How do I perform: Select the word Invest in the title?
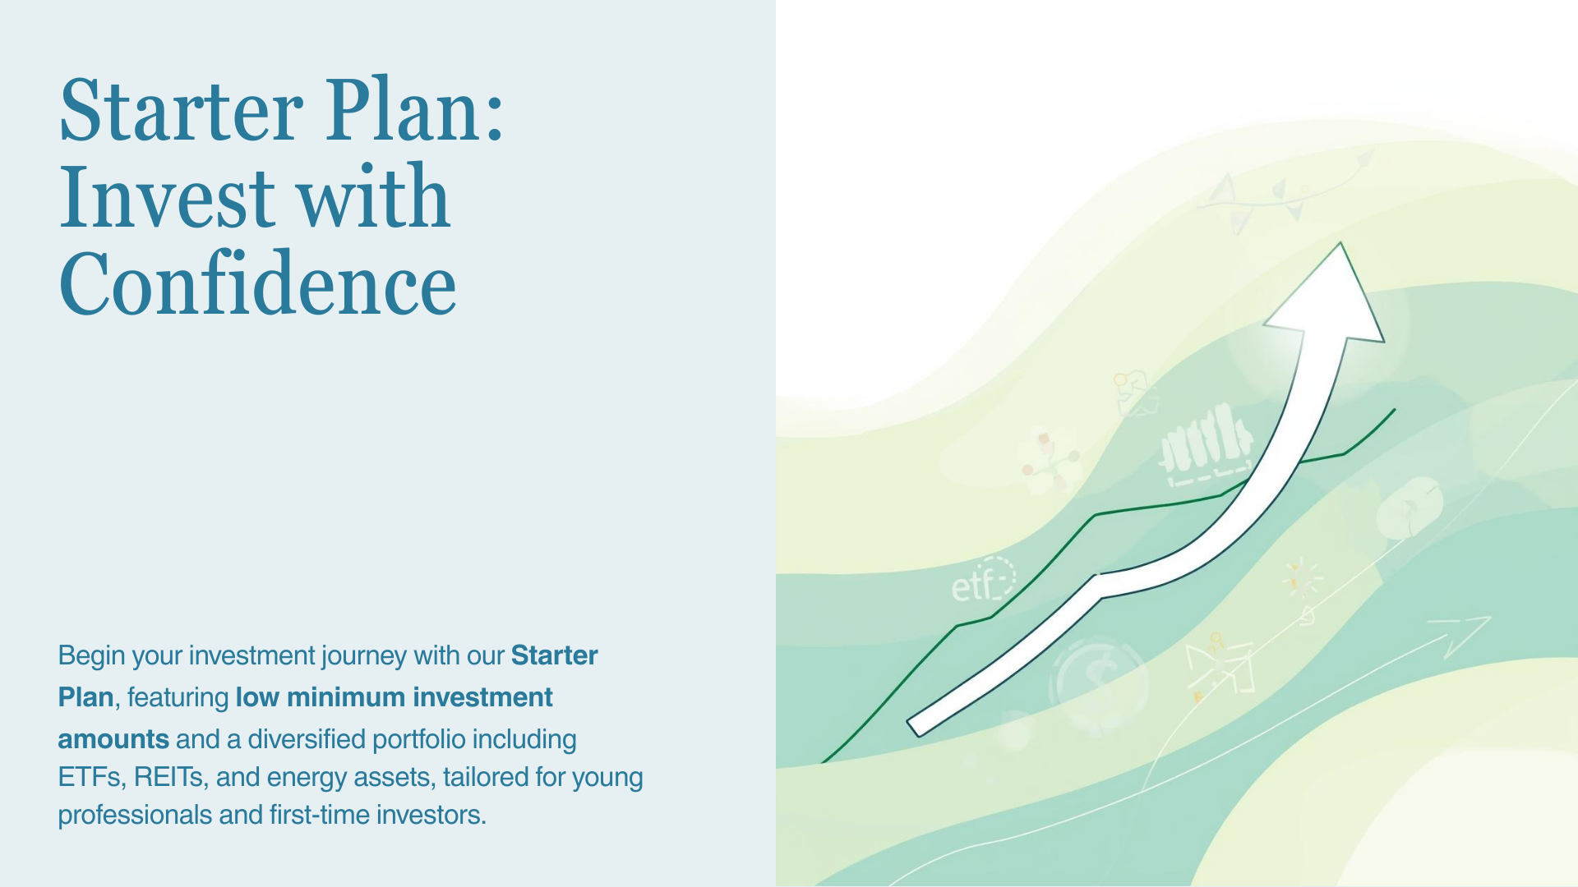[x=166, y=198]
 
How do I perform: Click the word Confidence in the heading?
[x=257, y=285]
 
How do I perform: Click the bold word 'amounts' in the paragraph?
[x=113, y=739]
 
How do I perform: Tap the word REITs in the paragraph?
[x=168, y=777]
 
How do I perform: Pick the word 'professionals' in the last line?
[x=135, y=815]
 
